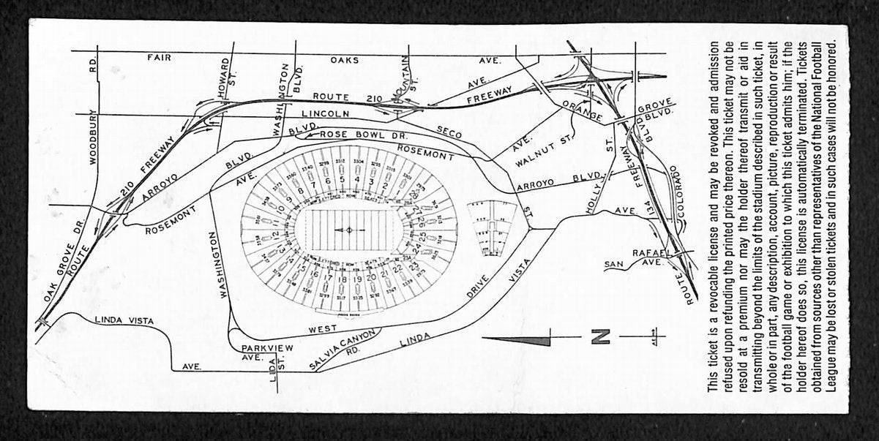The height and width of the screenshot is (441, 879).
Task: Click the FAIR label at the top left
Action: (x=159, y=56)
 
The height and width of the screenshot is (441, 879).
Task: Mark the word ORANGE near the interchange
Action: (x=583, y=112)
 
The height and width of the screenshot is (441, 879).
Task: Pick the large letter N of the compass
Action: (x=599, y=336)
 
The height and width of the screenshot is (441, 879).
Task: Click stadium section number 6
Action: (x=328, y=181)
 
